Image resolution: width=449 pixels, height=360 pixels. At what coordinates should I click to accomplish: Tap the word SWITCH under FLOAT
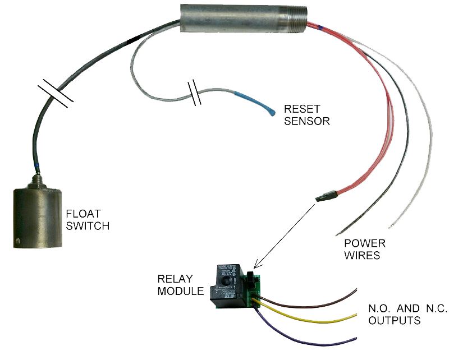tap(88, 226)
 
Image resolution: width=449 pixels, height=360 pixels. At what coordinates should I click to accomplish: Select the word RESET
tap(299, 109)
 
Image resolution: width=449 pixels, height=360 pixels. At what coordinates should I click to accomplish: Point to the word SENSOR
tap(307, 121)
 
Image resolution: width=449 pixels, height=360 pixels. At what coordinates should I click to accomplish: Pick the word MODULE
tap(181, 291)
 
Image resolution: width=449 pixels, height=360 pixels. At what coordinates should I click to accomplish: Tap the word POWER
tap(365, 243)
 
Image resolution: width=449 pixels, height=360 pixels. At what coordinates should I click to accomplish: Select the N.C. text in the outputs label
tap(431, 309)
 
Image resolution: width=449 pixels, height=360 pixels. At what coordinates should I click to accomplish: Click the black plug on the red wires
tap(326, 196)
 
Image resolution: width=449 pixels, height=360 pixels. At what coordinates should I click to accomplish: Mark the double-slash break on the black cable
tap(55, 93)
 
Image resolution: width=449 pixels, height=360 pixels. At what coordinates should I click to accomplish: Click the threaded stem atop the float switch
tap(39, 179)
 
